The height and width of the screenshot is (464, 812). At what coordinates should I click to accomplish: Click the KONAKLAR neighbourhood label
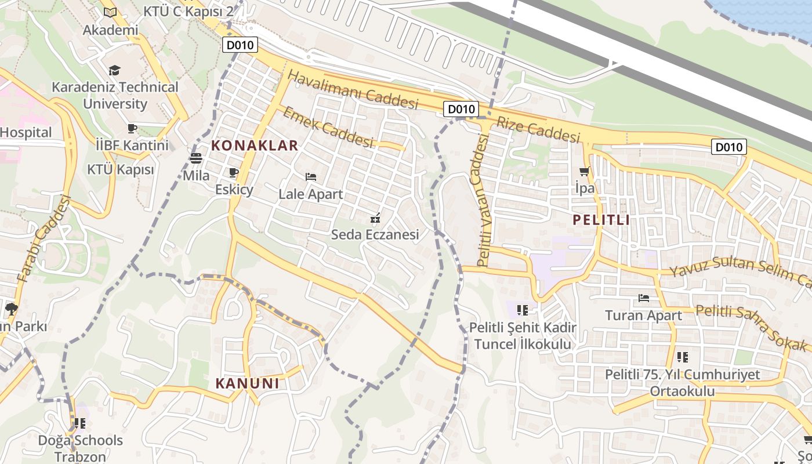click(255, 146)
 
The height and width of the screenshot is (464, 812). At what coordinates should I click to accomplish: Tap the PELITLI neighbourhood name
click(601, 220)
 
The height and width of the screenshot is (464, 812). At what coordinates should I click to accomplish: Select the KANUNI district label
click(248, 383)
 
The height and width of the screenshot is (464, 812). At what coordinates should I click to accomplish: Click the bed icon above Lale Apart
click(311, 177)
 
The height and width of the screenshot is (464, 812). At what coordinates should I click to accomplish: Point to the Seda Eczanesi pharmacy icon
click(375, 218)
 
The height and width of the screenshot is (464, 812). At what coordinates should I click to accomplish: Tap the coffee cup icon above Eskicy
click(234, 173)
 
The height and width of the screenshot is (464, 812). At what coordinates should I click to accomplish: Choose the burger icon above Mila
click(196, 158)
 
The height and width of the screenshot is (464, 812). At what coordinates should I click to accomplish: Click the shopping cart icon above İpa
click(584, 172)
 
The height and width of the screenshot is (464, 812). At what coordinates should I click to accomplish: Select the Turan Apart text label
click(643, 316)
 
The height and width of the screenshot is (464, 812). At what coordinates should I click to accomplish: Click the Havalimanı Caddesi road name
click(352, 90)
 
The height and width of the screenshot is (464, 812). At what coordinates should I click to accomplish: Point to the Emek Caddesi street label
click(327, 127)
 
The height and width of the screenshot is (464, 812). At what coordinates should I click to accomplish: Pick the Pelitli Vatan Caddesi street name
click(483, 200)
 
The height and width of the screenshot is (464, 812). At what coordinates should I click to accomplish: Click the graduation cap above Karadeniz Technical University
click(114, 71)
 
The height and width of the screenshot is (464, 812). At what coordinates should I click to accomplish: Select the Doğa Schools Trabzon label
click(81, 448)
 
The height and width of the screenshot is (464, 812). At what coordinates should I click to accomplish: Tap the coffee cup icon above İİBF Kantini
click(132, 128)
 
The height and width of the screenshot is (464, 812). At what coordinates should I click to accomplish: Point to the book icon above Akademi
click(110, 12)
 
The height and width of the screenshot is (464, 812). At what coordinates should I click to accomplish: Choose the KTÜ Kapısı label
click(121, 170)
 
